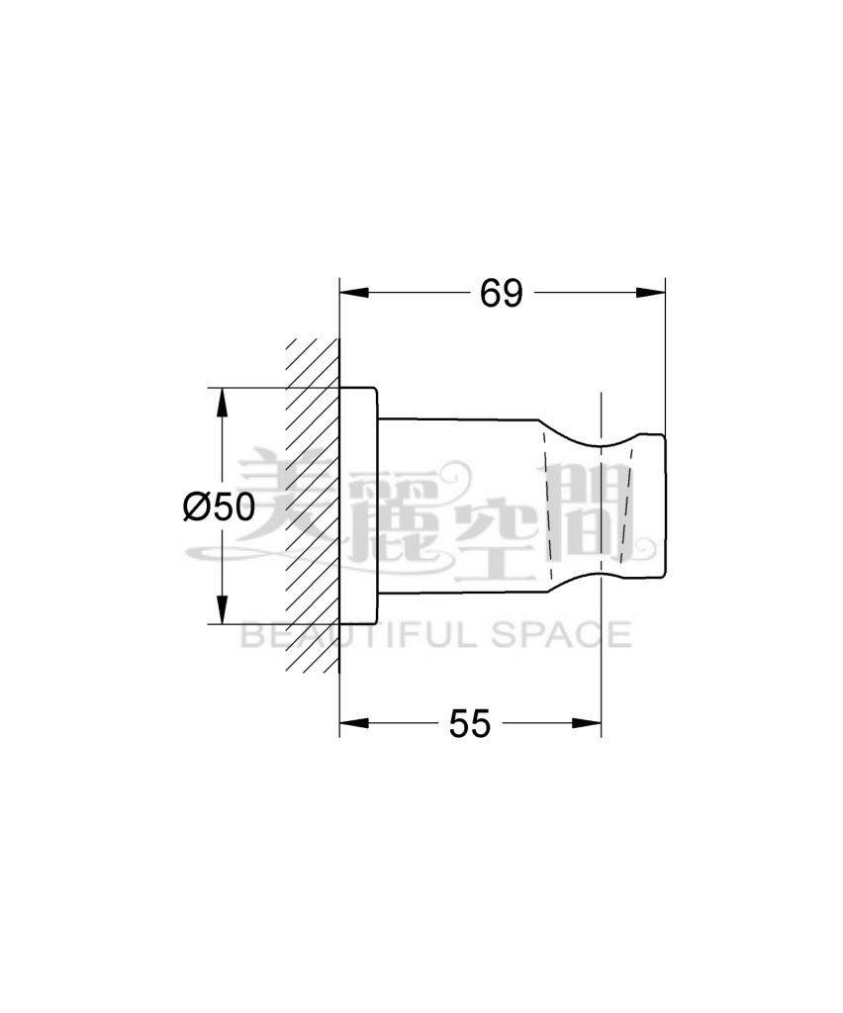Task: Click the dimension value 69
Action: [x=501, y=294]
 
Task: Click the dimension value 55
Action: [x=469, y=724]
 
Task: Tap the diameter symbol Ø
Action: [x=196, y=507]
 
